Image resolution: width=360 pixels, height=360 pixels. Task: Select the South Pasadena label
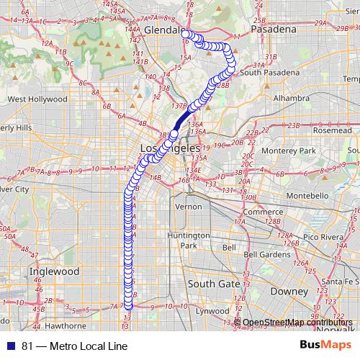pyautogui.click(x=269, y=73)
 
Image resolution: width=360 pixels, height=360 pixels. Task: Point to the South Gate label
pyautogui.click(x=214, y=284)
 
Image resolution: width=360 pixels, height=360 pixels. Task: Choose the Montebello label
pyautogui.click(x=308, y=195)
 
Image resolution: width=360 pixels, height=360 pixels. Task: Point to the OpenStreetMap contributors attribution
pyautogui.click(x=297, y=323)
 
